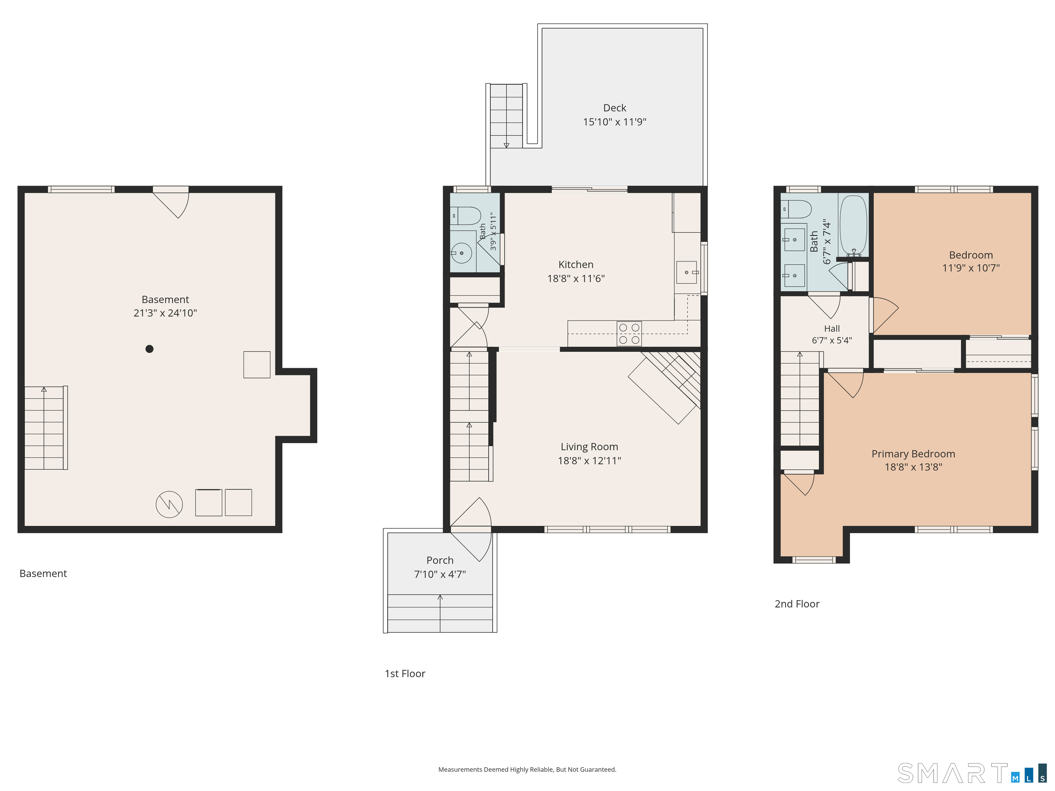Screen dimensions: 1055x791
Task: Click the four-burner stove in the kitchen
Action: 629,334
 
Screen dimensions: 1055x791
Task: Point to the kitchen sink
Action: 687,272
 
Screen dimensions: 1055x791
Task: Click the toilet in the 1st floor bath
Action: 465,216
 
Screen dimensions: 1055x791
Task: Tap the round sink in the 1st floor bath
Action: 461,253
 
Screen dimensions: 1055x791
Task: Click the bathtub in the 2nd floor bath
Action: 853,226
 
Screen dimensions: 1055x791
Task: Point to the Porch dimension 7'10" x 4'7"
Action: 440,574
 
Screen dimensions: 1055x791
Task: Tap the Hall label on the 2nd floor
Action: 832,329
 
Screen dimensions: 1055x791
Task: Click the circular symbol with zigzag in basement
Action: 169,504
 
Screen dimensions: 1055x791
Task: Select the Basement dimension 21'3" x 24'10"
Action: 165,313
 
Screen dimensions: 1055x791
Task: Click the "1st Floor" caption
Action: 405,674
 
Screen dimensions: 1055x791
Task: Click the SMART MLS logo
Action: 972,773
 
